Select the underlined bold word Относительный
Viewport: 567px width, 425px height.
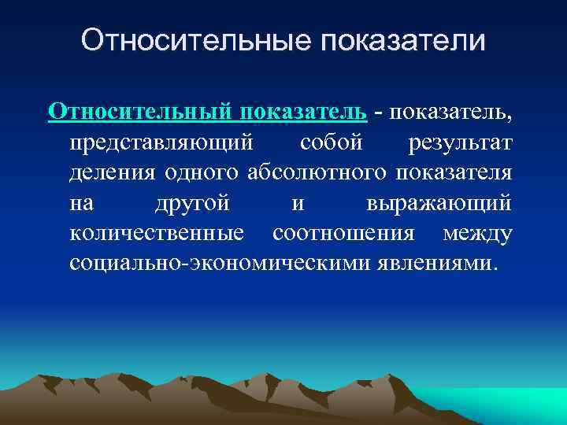pos(136,111)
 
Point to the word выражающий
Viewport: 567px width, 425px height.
pos(439,203)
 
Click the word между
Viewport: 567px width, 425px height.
pos(477,233)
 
